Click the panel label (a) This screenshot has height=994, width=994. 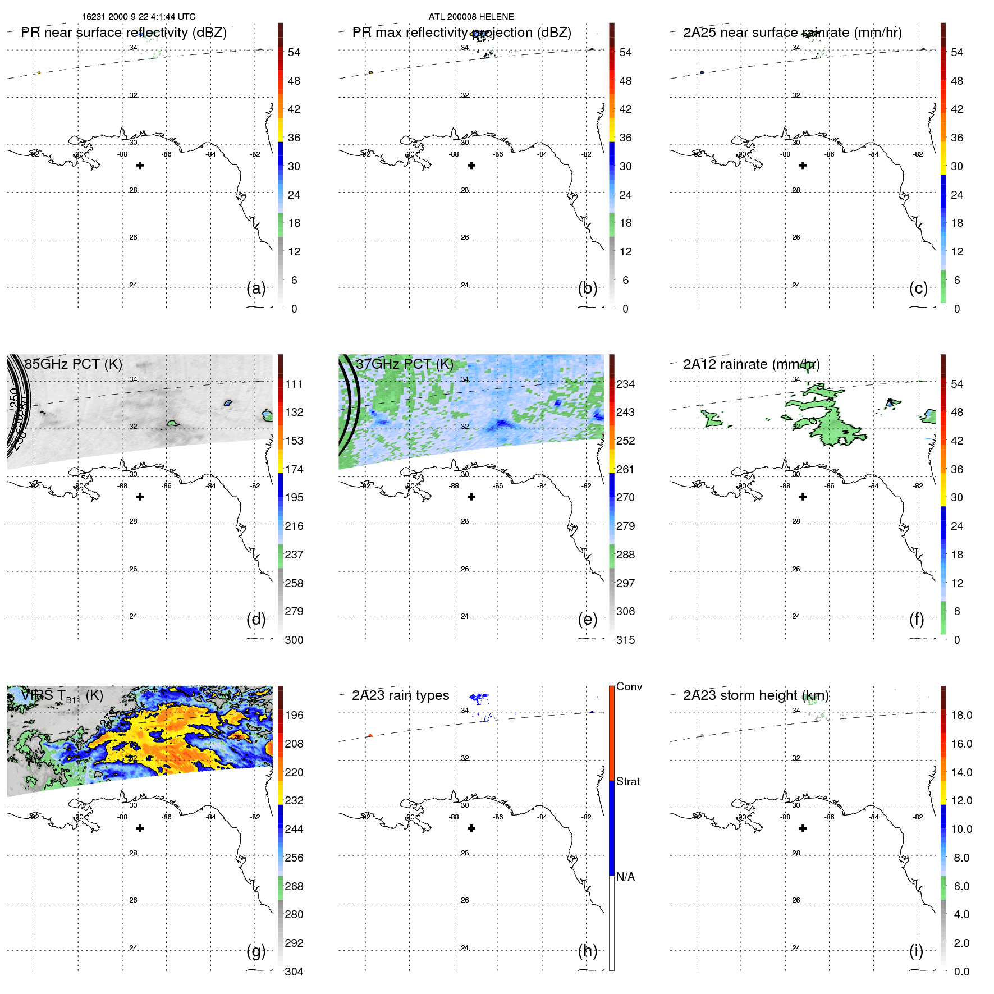tap(256, 288)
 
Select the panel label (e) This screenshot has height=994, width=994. tap(587, 620)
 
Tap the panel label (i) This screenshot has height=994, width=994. tap(916, 951)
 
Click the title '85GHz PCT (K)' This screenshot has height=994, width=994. tap(73, 364)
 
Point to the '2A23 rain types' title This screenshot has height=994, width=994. tap(400, 695)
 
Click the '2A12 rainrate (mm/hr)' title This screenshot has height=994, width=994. tap(751, 364)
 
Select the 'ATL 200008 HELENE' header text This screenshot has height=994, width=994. tap(471, 17)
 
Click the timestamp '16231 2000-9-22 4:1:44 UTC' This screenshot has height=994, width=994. tap(139, 17)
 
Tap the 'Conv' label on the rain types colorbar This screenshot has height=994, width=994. tap(629, 686)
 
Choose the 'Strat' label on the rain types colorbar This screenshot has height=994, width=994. tap(627, 781)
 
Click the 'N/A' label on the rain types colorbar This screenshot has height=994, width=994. tap(625, 877)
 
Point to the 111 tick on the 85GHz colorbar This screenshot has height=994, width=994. tap(294, 384)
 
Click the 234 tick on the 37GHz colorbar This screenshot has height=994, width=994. tap(625, 384)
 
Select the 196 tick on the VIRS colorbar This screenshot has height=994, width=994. tap(294, 715)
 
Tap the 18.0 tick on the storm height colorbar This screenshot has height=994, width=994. tap(961, 715)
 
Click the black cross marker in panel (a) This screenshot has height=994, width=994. tap(140, 166)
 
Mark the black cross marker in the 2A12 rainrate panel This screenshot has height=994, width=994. tap(803, 497)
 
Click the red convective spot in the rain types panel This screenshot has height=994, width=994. tap(370, 735)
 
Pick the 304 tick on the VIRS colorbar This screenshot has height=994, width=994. tap(294, 972)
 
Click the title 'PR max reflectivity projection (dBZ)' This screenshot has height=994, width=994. tap(461, 33)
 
